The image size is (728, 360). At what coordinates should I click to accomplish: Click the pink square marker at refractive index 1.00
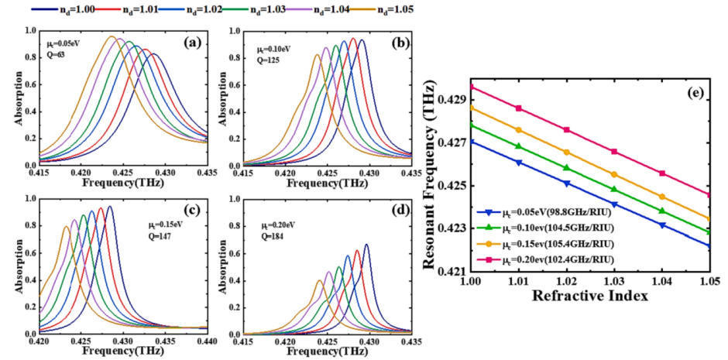point(470,87)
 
